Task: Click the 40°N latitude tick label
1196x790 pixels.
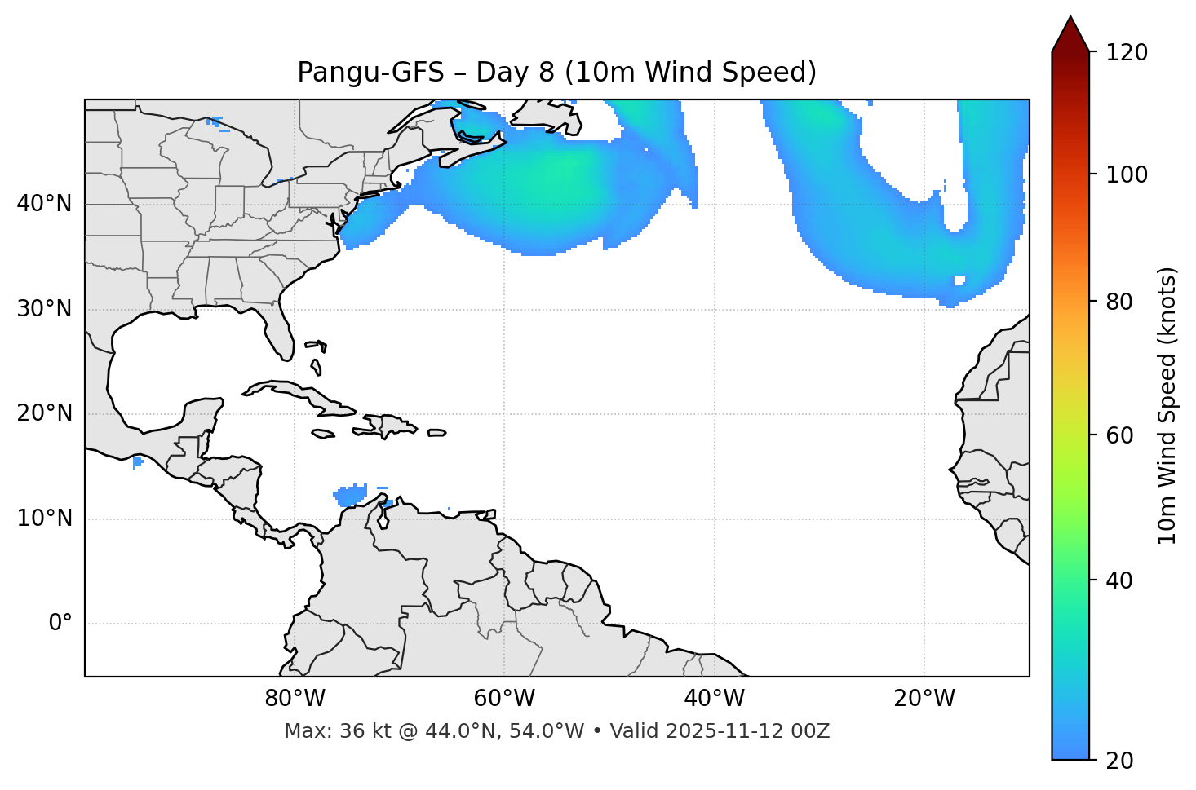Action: coord(44,204)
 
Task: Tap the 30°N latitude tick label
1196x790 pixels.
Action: coord(44,309)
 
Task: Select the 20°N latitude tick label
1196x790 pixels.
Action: coord(44,413)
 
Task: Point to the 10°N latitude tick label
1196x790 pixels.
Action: coord(44,519)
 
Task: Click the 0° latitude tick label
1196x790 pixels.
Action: coord(60,624)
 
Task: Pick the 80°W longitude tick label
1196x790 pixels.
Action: coord(295,699)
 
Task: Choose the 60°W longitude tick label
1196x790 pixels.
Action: coord(504,699)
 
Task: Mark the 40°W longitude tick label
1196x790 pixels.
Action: coord(714,699)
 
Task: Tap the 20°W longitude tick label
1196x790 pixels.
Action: coord(924,699)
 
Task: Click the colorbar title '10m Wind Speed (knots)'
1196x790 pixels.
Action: coord(1167,405)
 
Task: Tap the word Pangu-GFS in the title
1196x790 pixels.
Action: coord(370,73)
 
